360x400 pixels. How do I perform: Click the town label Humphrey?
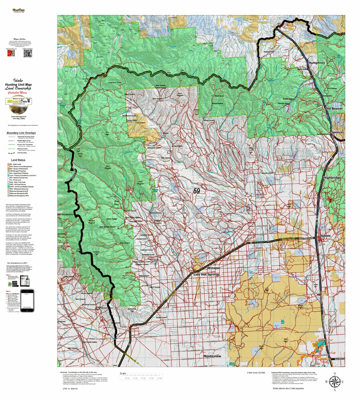(x=316, y=63)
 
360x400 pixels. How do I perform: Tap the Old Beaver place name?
(x=334, y=108)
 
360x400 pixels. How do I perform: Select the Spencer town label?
(x=337, y=132)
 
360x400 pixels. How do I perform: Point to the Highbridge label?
(x=332, y=178)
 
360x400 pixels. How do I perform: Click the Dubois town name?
(x=325, y=236)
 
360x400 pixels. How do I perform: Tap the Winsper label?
(x=214, y=268)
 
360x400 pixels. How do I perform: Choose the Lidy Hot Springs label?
(x=207, y=274)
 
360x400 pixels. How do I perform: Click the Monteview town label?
(x=212, y=356)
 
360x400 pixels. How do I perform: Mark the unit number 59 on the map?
(x=197, y=191)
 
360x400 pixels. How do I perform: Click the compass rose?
(x=334, y=382)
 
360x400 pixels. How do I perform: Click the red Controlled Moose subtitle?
(x=17, y=93)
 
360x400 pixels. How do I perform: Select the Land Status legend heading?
(x=18, y=160)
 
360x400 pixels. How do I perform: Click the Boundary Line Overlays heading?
(x=21, y=133)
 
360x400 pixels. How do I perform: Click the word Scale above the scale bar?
(x=123, y=374)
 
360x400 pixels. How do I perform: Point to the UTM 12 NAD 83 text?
(x=70, y=389)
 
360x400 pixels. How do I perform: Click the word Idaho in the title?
(x=18, y=80)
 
